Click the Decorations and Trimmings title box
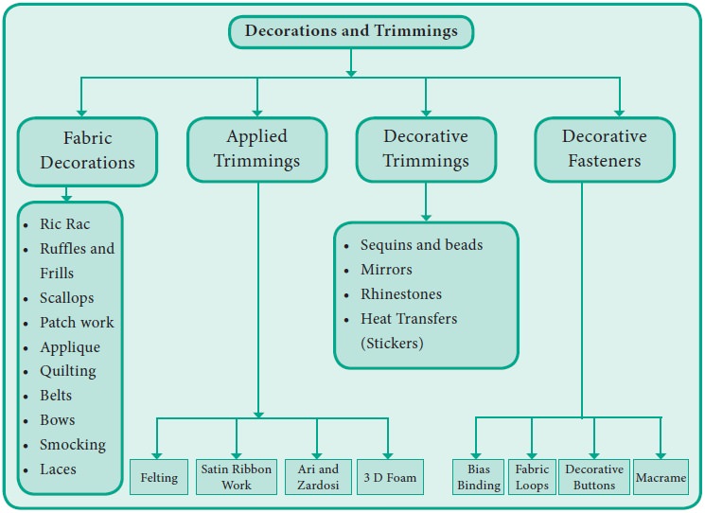coord(351,31)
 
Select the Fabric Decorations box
coord(86,150)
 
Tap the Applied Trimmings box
coord(256,149)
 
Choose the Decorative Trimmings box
coord(426,149)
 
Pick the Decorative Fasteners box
coord(605,149)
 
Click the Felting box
coord(159,477)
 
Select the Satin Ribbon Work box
coord(236,477)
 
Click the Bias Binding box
coord(477,477)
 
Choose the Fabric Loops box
coord(532,477)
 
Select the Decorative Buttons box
coord(593,477)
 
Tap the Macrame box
coord(661,477)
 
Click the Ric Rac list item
coord(65,224)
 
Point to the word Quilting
coord(68,371)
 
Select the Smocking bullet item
coord(73,445)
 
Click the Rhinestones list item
coord(401,294)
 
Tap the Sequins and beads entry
coord(421,245)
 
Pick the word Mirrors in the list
coord(386,270)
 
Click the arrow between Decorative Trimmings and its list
coord(426,201)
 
